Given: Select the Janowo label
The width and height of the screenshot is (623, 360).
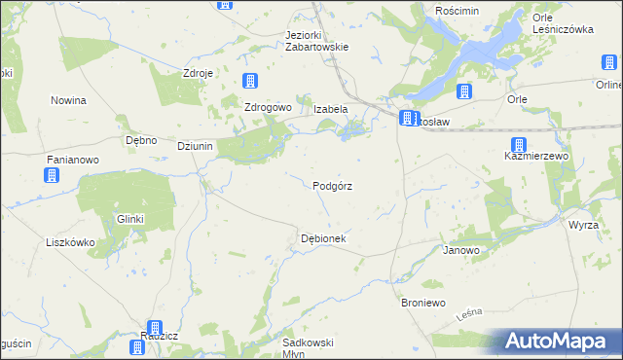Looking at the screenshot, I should [x=461, y=250].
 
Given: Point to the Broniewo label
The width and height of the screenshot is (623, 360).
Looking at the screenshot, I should [x=423, y=304].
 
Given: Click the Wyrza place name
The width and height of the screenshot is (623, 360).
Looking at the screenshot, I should [x=584, y=225].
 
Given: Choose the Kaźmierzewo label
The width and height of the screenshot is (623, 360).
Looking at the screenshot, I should [x=536, y=156].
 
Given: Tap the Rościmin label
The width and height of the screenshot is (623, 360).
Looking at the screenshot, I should [x=460, y=9].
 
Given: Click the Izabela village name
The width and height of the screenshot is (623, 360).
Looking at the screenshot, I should [x=330, y=109].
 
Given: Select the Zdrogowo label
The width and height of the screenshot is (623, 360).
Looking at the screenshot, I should [x=268, y=107].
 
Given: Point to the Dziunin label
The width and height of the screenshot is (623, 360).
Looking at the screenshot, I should [x=195, y=146].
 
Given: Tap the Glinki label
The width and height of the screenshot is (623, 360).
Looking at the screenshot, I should [x=130, y=219].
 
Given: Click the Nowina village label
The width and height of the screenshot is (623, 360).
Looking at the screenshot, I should [x=69, y=100].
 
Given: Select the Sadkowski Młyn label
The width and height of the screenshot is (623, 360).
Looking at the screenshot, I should [x=308, y=347].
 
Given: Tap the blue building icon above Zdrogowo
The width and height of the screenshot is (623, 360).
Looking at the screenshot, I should [x=250, y=81].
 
